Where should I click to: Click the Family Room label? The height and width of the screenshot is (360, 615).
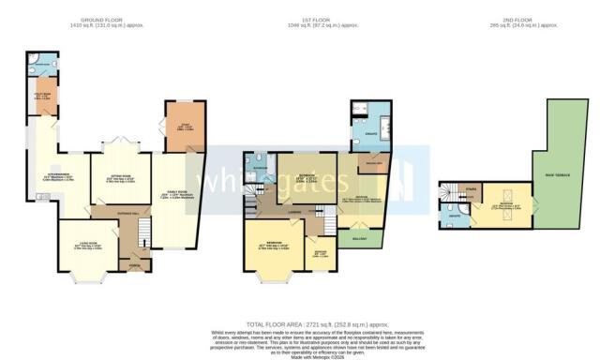(x=176, y=194)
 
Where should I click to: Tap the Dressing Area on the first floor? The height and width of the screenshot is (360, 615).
(x=372, y=166)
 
